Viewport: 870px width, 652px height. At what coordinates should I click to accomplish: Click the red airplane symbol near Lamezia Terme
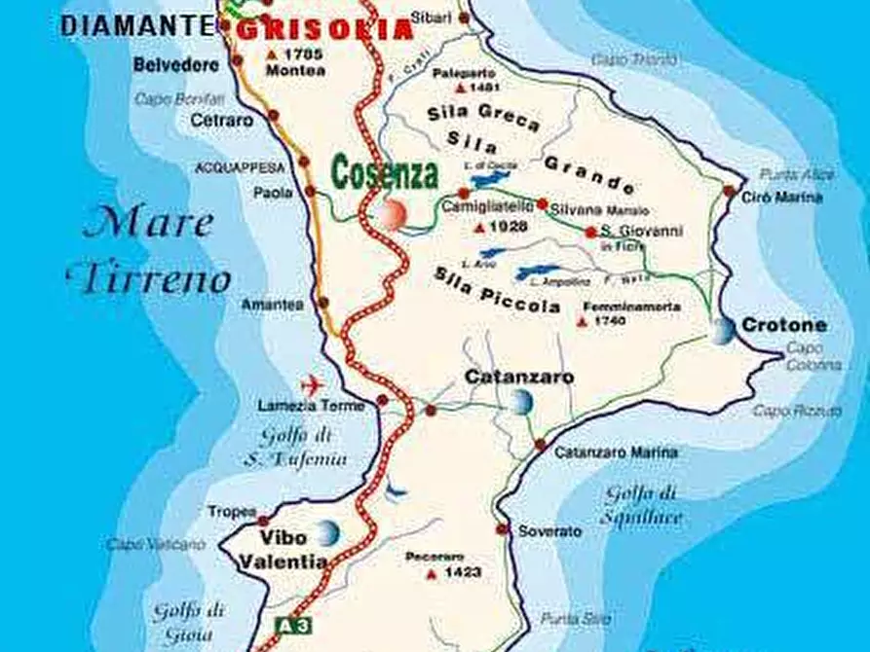(313, 381)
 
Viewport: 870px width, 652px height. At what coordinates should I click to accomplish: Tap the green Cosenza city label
(384, 173)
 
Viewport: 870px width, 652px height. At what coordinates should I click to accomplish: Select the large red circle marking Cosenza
(394, 214)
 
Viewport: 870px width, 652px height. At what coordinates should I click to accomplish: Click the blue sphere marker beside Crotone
(724, 331)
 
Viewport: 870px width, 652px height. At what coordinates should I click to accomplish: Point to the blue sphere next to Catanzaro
(521, 401)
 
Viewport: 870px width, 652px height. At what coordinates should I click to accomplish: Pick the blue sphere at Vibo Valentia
(327, 532)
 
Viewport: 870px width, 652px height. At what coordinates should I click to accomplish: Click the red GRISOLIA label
(325, 29)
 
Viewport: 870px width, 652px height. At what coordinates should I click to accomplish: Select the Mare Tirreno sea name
(149, 251)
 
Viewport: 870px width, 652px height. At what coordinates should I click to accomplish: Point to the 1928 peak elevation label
(506, 227)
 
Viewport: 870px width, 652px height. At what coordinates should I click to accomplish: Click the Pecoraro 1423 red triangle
(431, 574)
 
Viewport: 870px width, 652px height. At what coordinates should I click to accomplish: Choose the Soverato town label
(549, 531)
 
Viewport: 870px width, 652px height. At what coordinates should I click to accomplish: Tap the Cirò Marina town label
(783, 198)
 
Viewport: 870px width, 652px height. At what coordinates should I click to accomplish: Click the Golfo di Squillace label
(640, 504)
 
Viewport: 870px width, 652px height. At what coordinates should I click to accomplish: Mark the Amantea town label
(273, 305)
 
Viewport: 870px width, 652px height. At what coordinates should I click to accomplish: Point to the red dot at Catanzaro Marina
(540, 445)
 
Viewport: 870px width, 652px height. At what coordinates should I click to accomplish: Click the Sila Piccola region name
(497, 289)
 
